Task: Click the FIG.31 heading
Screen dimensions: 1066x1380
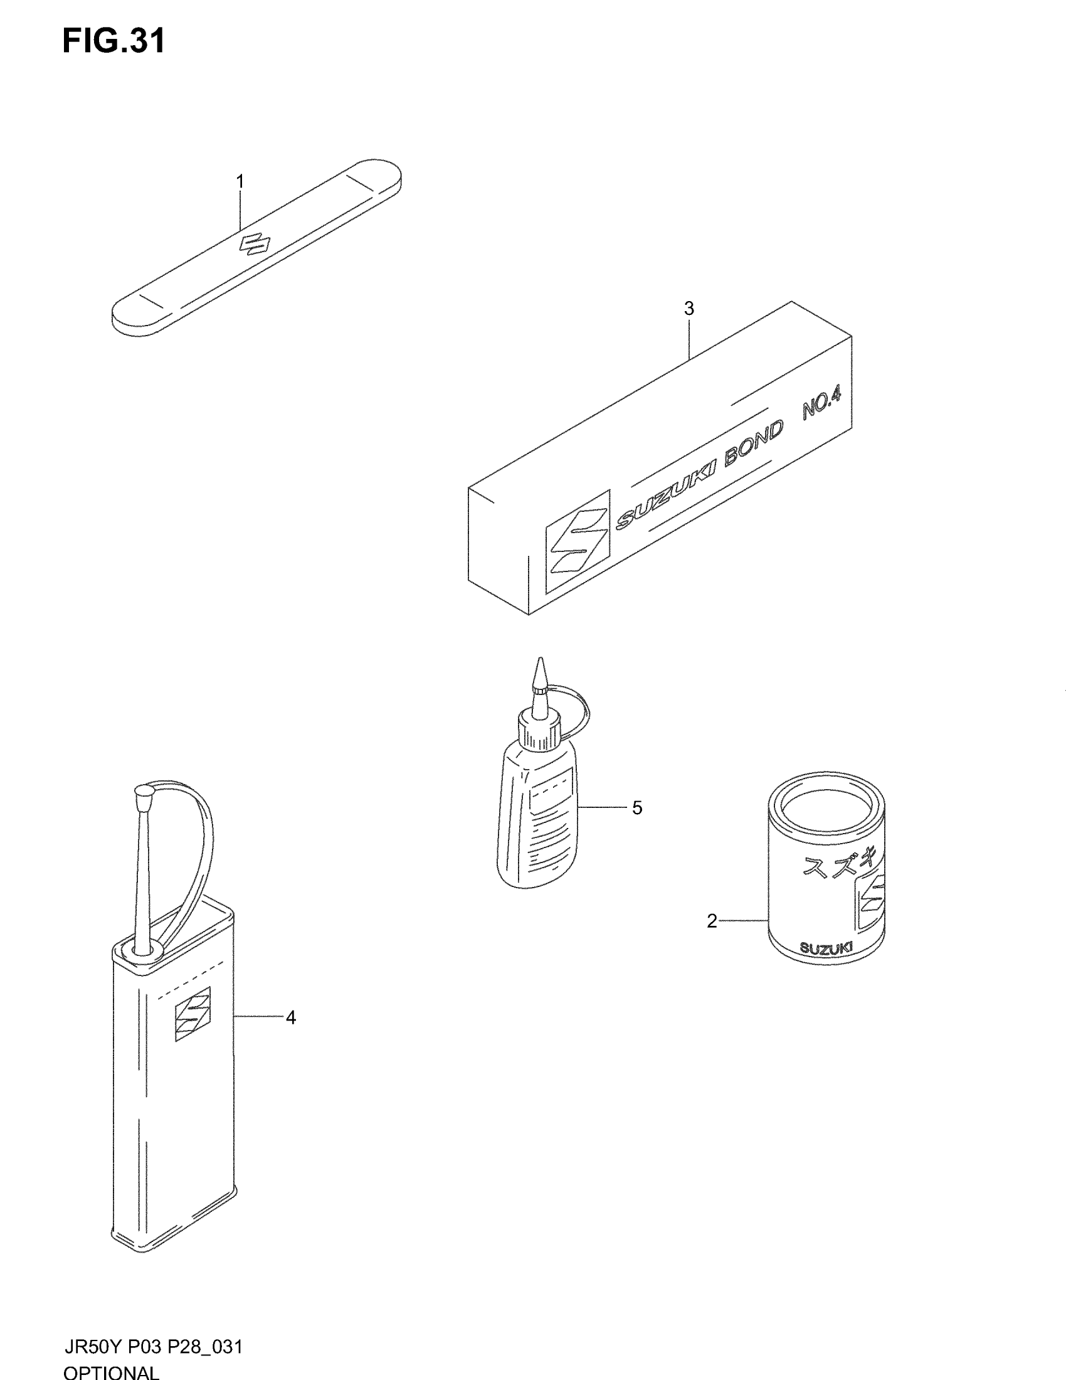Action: (x=113, y=41)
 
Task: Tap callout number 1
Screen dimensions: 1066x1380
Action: (x=240, y=181)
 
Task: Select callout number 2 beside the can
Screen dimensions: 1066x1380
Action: (x=712, y=922)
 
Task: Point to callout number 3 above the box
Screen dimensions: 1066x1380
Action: (x=689, y=309)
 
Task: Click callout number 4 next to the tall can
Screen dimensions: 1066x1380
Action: (x=290, y=1017)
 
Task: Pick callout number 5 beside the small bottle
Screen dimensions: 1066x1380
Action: (x=637, y=808)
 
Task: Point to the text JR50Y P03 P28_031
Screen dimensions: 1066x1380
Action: (x=154, y=1346)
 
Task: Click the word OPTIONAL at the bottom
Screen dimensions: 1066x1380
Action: (x=111, y=1372)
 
